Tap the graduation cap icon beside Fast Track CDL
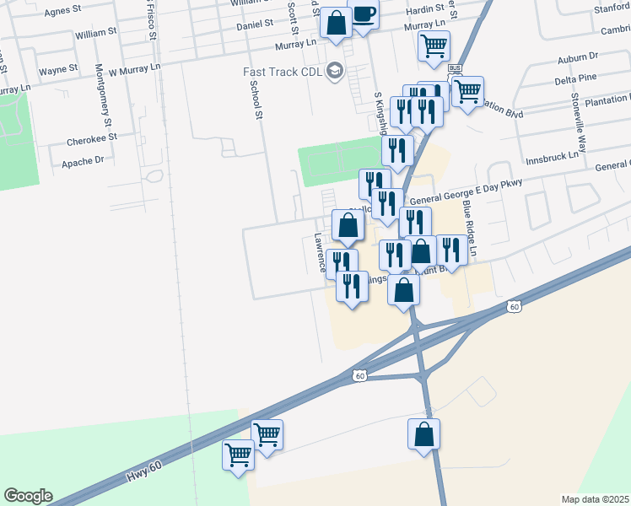point(336,70)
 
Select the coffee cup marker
point(364,14)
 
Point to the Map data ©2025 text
point(595,499)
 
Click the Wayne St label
point(58,69)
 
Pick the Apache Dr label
point(83,159)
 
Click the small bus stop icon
point(456,68)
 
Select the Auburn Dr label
point(577,57)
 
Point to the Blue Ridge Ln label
point(471,229)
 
